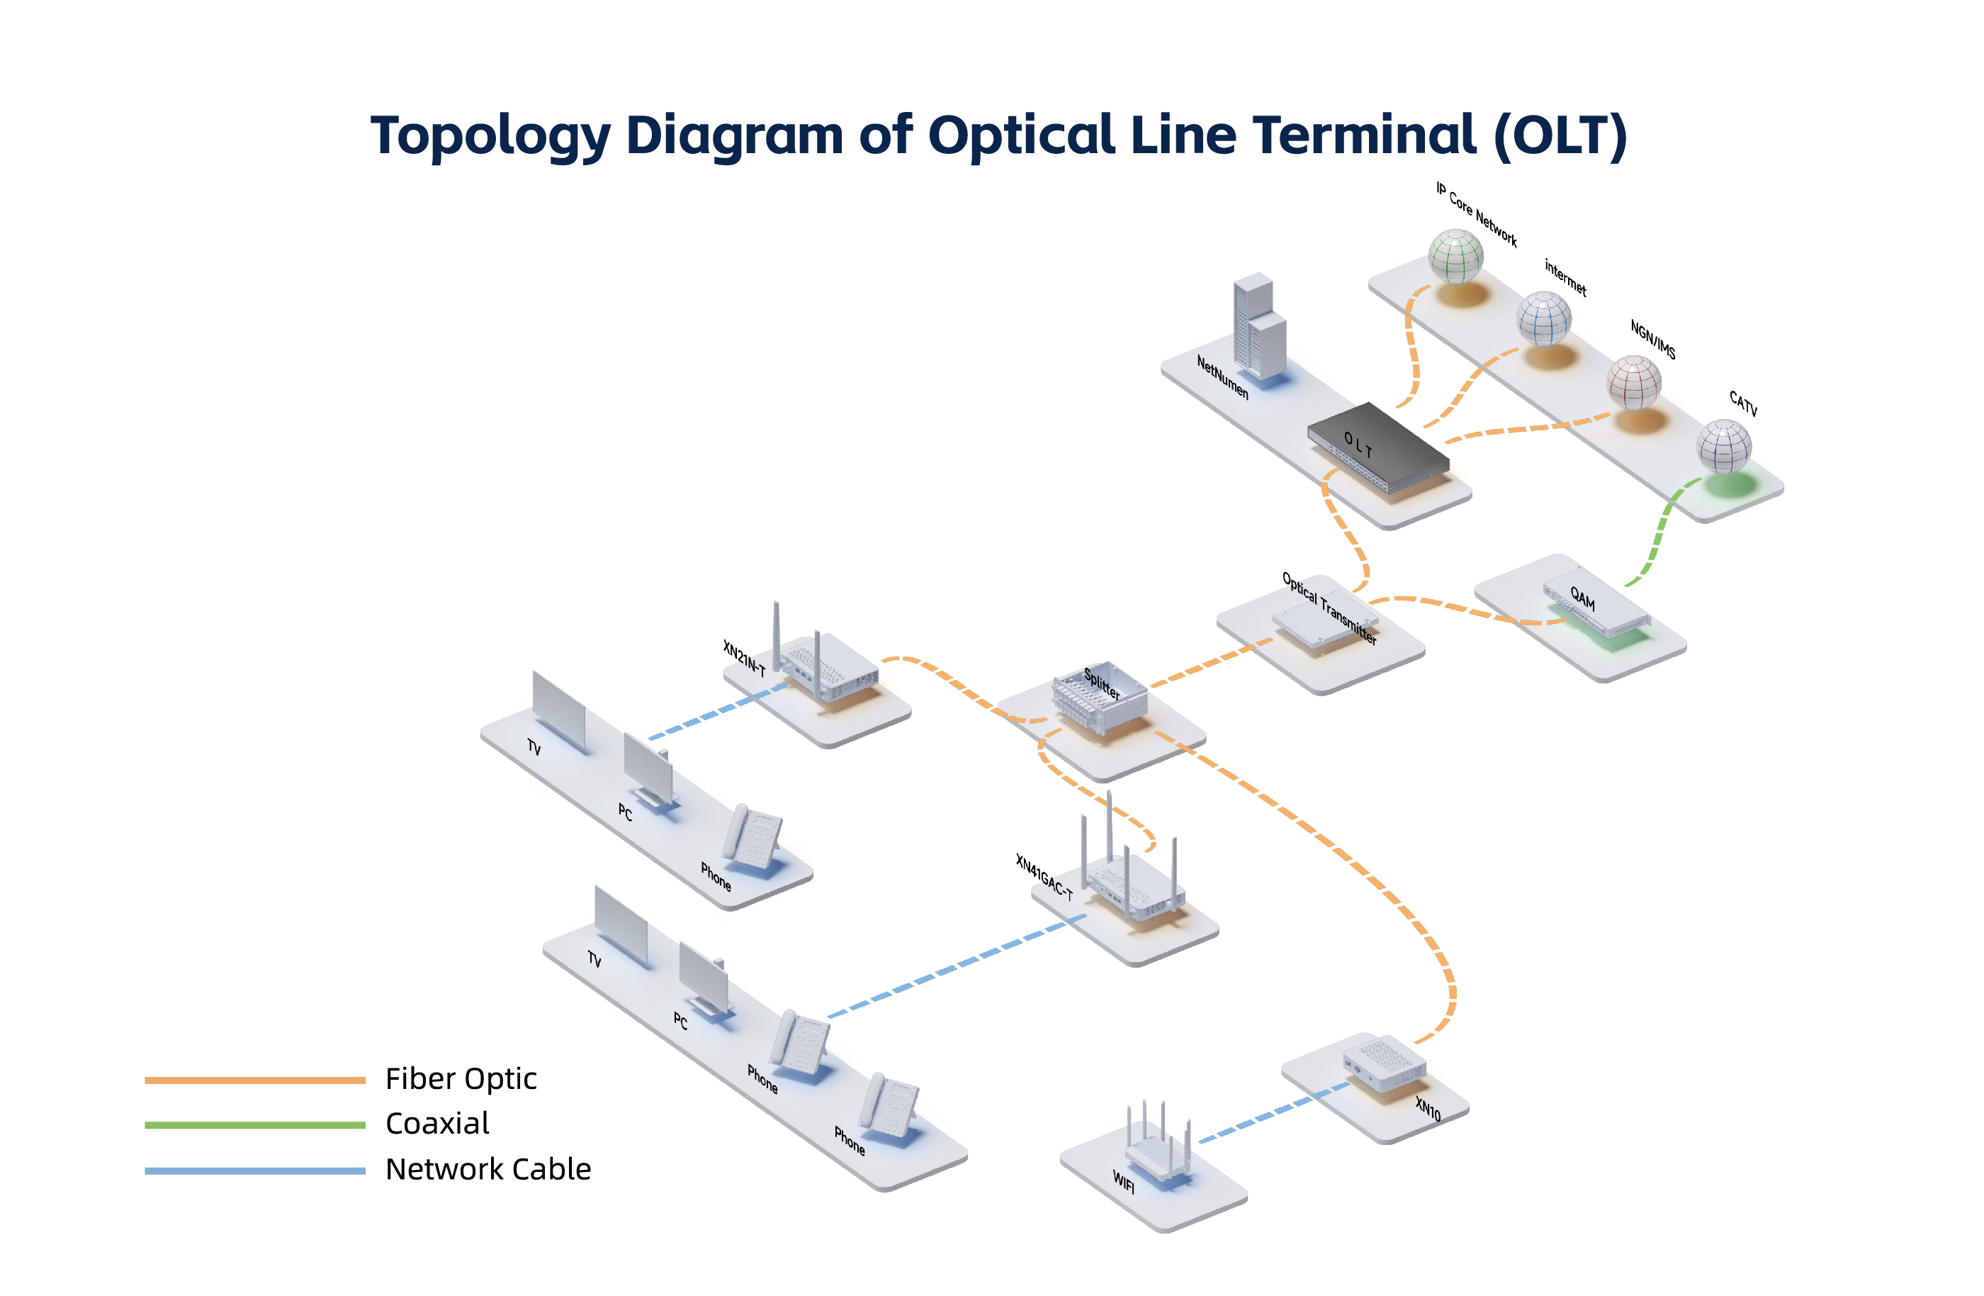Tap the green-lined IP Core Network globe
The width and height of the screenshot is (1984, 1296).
click(x=1455, y=256)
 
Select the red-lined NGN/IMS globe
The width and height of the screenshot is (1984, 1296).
click(x=1634, y=382)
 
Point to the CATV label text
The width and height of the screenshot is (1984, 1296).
click(x=1743, y=403)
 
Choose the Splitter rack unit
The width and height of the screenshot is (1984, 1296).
click(x=1099, y=697)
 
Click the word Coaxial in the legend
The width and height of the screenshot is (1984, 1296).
click(x=436, y=1124)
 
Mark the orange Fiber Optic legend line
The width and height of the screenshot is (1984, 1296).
click(x=254, y=1080)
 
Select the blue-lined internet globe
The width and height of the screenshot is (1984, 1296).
click(x=1544, y=318)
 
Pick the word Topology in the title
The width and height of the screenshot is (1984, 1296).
click(x=490, y=135)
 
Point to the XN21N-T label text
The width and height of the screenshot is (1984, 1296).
click(x=743, y=658)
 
